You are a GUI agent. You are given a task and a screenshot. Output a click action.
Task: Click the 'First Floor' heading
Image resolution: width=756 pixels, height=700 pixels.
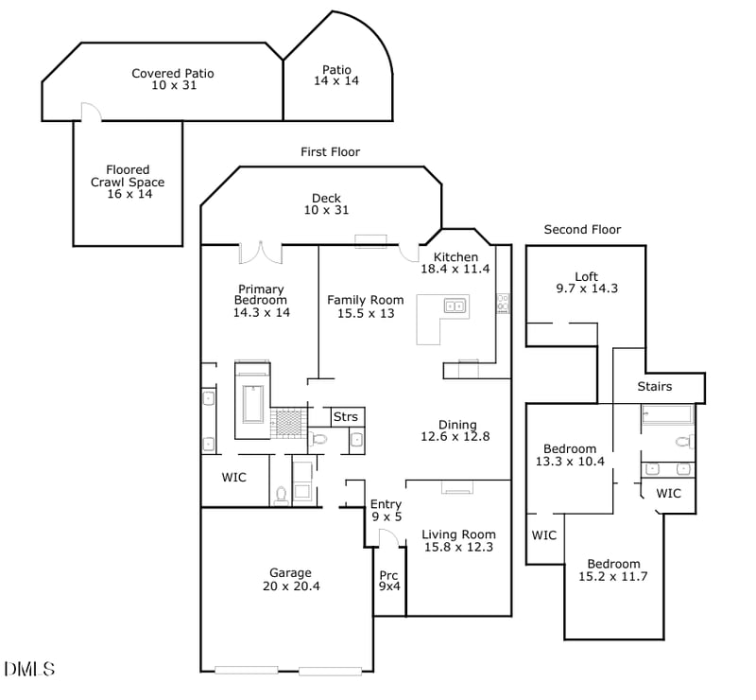[x=330, y=151]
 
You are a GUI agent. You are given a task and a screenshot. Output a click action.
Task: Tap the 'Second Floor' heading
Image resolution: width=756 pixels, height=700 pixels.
[x=582, y=230]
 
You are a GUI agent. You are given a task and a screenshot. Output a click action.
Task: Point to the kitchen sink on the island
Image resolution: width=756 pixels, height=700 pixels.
[x=455, y=306]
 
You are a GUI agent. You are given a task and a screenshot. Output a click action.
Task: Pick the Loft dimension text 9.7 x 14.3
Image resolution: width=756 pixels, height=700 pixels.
[x=586, y=289]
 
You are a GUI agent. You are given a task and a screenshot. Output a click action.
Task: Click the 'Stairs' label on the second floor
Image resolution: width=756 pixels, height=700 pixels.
[x=654, y=386]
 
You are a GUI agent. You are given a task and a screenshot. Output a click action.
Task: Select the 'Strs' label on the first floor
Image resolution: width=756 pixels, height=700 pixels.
[x=345, y=416]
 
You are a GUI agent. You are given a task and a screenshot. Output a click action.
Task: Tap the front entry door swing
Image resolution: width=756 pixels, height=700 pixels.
[x=387, y=537]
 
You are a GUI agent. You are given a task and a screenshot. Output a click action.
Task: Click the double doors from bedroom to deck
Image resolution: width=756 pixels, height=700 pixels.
[x=261, y=253]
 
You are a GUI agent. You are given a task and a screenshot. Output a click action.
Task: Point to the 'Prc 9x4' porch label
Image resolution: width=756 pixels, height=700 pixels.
[x=388, y=580]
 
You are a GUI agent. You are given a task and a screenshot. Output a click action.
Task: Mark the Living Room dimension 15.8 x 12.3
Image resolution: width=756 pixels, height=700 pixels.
[x=458, y=548]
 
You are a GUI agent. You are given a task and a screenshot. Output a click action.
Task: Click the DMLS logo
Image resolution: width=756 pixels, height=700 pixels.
[x=29, y=669]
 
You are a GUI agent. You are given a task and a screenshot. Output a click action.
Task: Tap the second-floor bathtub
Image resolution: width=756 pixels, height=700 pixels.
[x=667, y=414]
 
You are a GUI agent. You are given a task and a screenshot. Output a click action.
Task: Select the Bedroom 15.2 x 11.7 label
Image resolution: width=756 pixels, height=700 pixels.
[x=613, y=569]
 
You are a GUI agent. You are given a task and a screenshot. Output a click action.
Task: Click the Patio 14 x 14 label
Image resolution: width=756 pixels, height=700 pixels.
[x=336, y=76]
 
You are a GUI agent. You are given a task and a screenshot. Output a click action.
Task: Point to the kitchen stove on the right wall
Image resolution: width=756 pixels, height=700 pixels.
[x=503, y=303]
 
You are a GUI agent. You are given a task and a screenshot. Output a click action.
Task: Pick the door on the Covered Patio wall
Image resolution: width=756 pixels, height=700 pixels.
[x=90, y=113]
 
